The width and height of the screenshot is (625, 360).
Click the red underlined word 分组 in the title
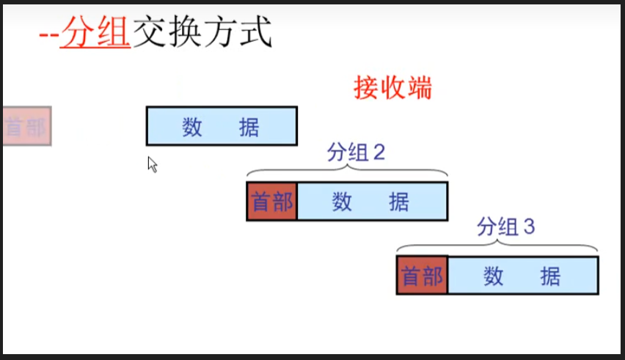[95, 34]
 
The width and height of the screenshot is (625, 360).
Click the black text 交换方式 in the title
[202, 33]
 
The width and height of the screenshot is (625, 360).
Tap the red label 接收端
[392, 88]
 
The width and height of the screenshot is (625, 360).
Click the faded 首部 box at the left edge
[26, 126]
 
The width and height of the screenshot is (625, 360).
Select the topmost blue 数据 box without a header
[222, 126]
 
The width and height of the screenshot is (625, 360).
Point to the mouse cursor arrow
[152, 164]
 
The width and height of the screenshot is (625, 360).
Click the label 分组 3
[506, 227]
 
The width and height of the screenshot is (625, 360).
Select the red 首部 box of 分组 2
[272, 202]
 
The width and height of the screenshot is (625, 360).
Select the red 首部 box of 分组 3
[423, 276]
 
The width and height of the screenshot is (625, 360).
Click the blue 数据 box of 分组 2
[372, 202]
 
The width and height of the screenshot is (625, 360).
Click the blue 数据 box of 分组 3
[523, 276]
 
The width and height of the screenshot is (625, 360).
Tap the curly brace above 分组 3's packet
[497, 245]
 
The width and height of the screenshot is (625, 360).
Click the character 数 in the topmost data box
[192, 127]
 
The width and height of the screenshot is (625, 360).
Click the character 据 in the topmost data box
[249, 127]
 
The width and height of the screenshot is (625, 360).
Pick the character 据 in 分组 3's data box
[549, 276]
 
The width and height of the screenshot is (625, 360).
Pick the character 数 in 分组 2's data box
[342, 202]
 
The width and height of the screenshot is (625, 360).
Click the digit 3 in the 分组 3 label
[530, 227]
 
